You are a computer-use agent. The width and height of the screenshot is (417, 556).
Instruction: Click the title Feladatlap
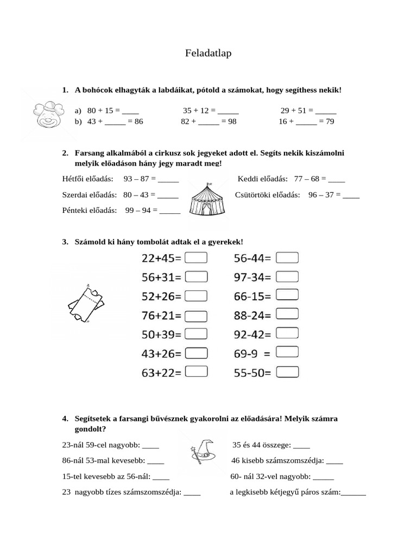point(208,54)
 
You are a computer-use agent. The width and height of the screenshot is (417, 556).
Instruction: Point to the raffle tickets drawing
point(85,304)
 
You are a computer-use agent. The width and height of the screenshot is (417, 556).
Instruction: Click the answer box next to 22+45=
point(197,258)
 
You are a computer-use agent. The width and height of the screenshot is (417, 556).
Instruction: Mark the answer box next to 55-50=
point(287,372)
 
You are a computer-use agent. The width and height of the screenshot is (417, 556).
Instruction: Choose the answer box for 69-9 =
point(287,353)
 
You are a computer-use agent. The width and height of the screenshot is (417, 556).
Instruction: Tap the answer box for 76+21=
point(197,315)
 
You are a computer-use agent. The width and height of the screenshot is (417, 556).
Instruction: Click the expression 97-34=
point(252,277)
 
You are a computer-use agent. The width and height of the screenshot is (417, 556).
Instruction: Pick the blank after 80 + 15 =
point(130,111)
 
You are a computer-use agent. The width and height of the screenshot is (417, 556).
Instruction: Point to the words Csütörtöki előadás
point(267,194)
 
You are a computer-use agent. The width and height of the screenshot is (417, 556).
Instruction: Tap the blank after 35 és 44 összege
point(301,446)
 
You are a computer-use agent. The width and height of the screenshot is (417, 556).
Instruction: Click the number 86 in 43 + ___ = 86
point(139,122)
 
